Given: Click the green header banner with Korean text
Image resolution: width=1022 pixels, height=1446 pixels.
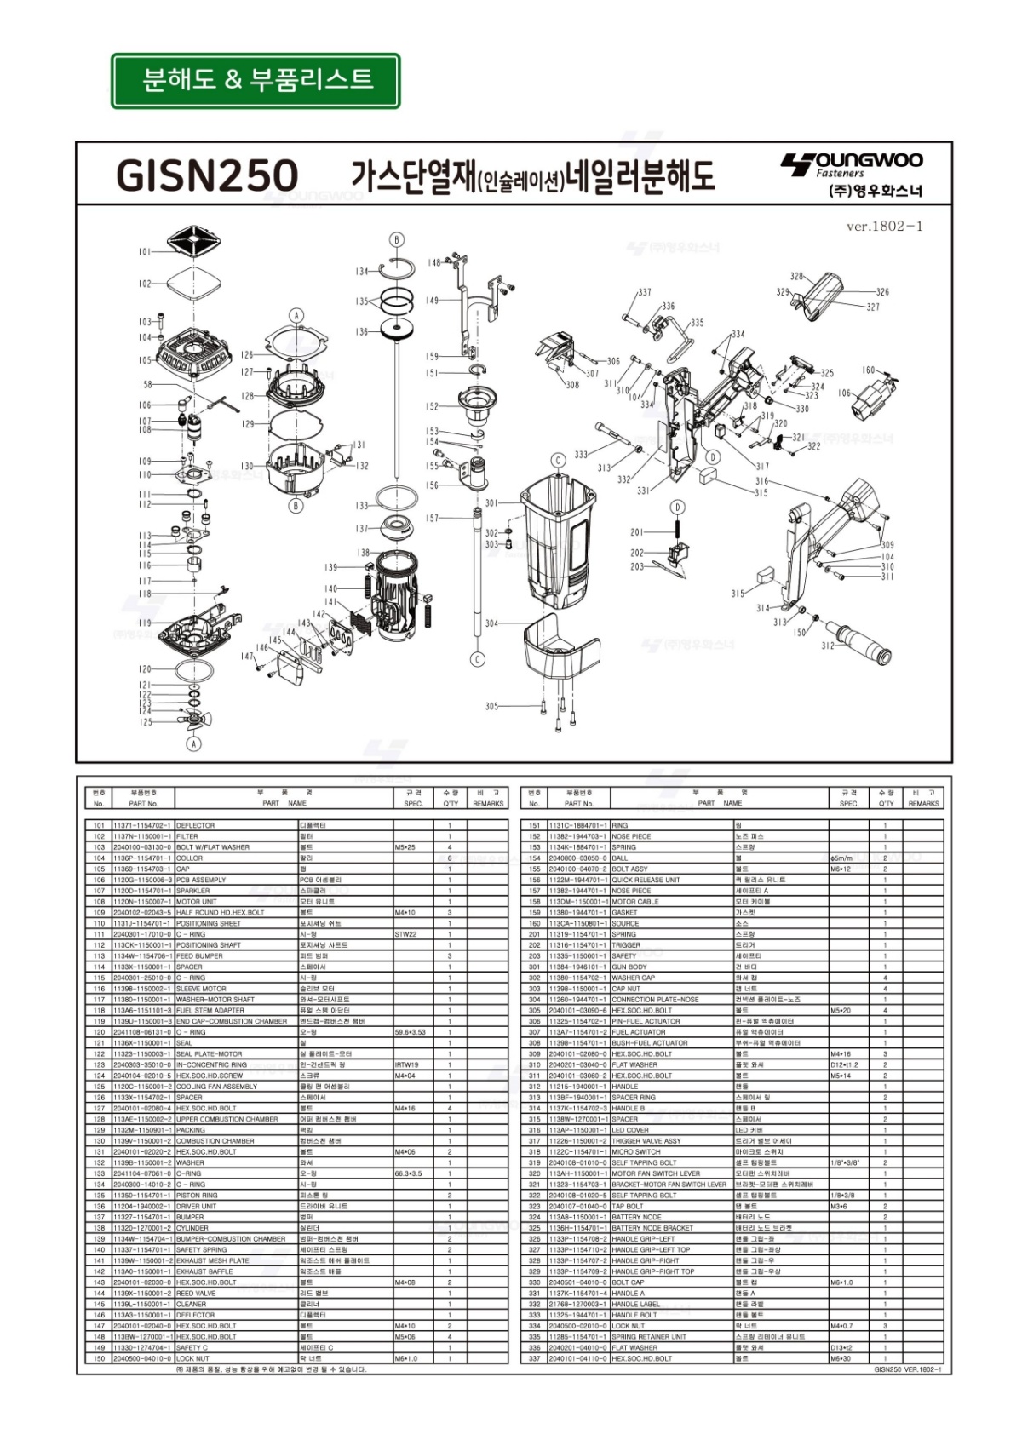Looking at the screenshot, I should coord(255,81).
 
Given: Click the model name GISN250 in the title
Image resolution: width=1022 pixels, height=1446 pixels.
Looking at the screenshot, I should coord(207,176).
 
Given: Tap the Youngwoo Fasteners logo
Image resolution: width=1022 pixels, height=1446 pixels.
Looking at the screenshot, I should coord(852,174).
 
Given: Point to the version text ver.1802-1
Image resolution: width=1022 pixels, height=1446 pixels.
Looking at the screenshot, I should coord(884,227).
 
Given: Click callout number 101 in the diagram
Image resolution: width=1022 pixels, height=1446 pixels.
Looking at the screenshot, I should coord(145,252).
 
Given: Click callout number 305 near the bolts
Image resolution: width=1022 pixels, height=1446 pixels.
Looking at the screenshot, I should coord(491,706).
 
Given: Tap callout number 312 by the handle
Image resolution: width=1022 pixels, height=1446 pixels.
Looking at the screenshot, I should coord(828,646).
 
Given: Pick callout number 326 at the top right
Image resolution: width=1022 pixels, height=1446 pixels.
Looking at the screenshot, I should coord(882,292).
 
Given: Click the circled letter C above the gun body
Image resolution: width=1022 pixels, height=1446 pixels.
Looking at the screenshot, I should coord(558,461).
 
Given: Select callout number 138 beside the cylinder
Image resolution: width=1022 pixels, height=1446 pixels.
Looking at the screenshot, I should coord(364,553).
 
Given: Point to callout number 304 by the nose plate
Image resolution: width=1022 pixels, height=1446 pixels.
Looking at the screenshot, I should coord(491,623).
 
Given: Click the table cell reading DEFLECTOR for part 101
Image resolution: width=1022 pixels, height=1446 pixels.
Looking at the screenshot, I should coord(196,825).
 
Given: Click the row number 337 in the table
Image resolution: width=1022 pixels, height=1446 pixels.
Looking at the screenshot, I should coord(534,1358).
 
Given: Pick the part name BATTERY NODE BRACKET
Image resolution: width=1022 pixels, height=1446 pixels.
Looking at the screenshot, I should coord(646,1228).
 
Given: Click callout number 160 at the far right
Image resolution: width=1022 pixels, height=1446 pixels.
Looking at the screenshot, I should coord(868,370).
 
